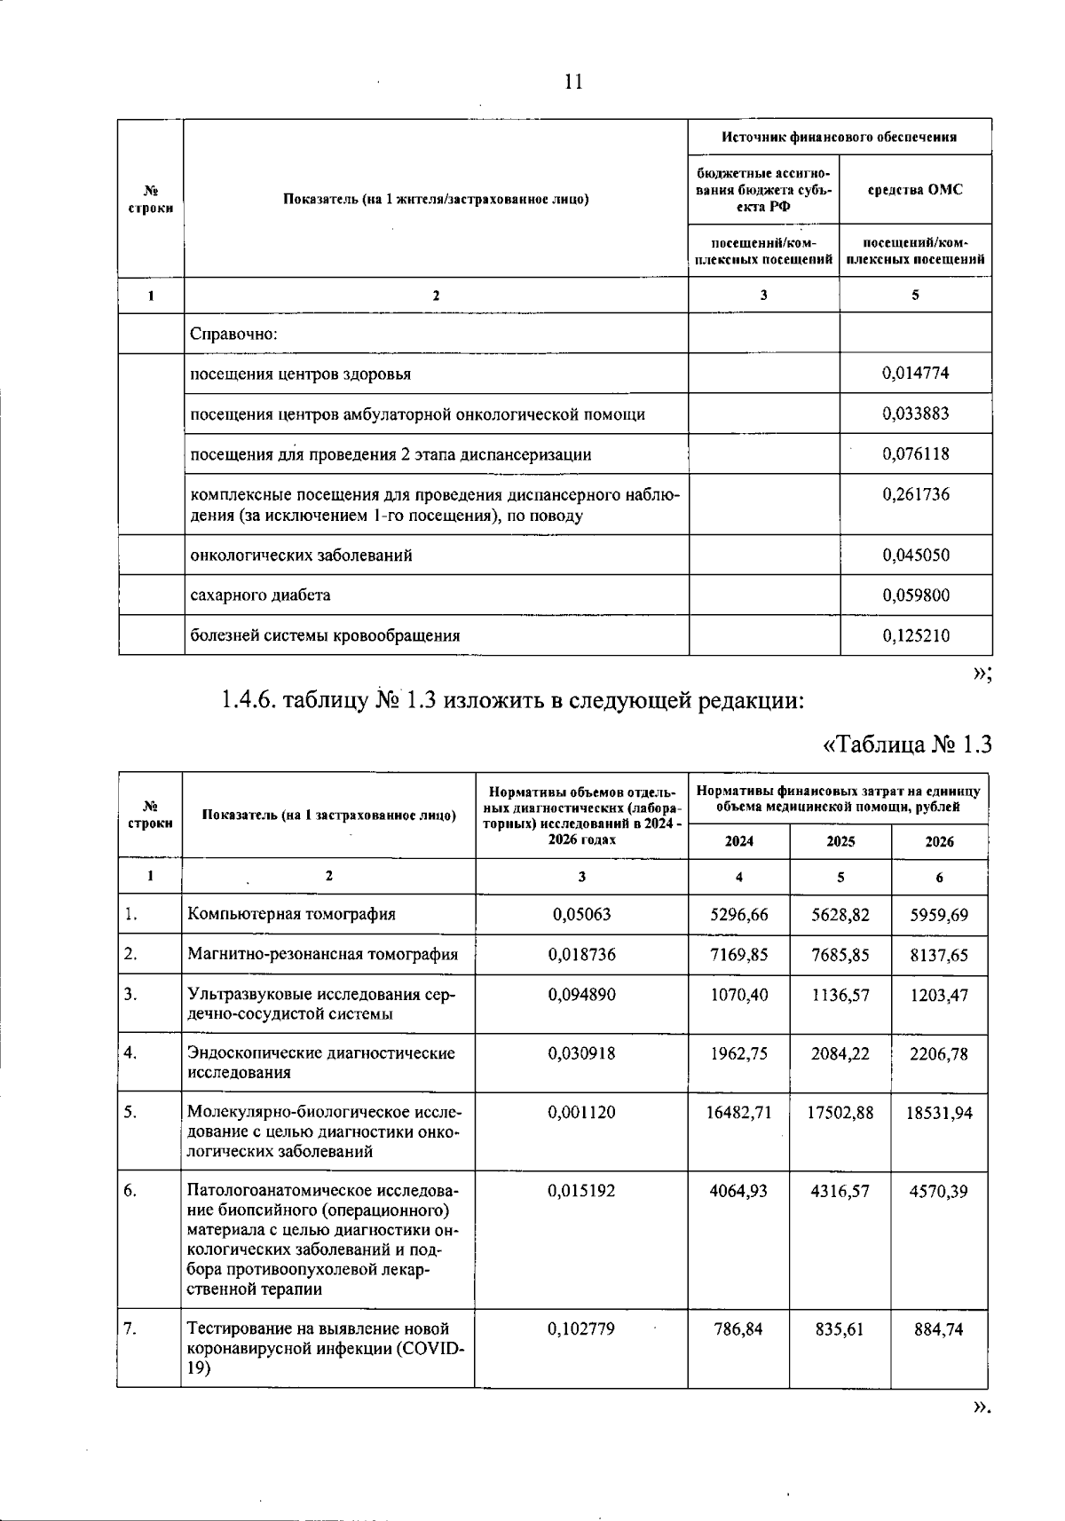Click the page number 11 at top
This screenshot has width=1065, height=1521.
click(573, 83)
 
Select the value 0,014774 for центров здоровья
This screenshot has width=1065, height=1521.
click(915, 374)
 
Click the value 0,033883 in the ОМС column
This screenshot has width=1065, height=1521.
click(915, 414)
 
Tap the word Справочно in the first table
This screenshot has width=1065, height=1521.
click(234, 334)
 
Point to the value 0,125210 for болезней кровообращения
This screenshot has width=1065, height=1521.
click(915, 635)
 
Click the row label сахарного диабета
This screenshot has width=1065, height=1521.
click(261, 595)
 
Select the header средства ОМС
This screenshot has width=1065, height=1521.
click(915, 190)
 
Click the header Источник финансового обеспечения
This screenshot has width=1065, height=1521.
click(839, 137)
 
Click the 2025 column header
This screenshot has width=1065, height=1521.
click(840, 841)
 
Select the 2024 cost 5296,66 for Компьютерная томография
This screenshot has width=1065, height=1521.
click(738, 914)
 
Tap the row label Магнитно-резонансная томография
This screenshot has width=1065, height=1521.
click(323, 954)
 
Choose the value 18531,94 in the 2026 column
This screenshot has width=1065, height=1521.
click(939, 1113)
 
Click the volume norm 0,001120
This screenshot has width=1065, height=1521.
click(581, 1112)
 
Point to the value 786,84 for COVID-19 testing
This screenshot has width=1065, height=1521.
click(738, 1329)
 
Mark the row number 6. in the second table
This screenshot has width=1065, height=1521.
click(130, 1191)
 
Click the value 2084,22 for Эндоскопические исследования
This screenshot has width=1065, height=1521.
click(840, 1053)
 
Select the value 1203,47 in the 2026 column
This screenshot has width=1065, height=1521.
click(939, 996)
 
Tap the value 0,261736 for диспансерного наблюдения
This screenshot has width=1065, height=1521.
click(915, 494)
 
